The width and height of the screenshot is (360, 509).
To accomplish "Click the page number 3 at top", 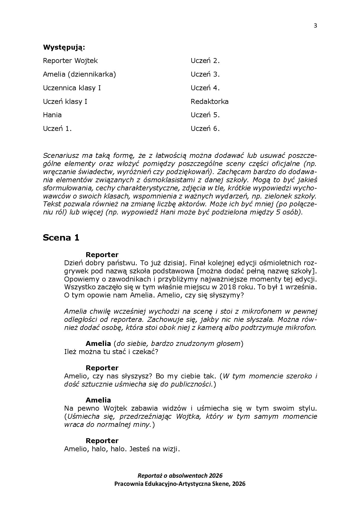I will coord(315,26).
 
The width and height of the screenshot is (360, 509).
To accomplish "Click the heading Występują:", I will coord(64,47).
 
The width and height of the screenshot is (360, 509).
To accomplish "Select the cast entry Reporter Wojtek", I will coord(70,61).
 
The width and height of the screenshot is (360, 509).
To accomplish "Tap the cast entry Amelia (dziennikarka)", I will coord(79,74).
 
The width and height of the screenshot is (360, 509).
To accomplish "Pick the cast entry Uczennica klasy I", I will coord(72,88).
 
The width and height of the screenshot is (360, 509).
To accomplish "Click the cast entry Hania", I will coord(52,115).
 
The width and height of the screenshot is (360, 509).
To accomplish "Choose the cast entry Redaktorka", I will coord(209,102).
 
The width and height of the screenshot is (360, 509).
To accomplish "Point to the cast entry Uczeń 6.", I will coord(205,129).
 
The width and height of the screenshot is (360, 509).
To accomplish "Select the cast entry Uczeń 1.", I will coord(57,129).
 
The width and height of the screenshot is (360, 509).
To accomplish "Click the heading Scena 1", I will coord(61,238).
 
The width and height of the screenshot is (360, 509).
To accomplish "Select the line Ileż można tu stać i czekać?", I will coord(111,352).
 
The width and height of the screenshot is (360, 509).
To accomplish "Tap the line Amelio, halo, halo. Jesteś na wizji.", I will coord(122,449).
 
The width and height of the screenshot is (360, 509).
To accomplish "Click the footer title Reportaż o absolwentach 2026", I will coord(180,476).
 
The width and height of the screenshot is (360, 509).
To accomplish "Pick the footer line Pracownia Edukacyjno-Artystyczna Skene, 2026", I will coord(180,484).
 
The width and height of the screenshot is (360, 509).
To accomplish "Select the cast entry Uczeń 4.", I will coord(205,88).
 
